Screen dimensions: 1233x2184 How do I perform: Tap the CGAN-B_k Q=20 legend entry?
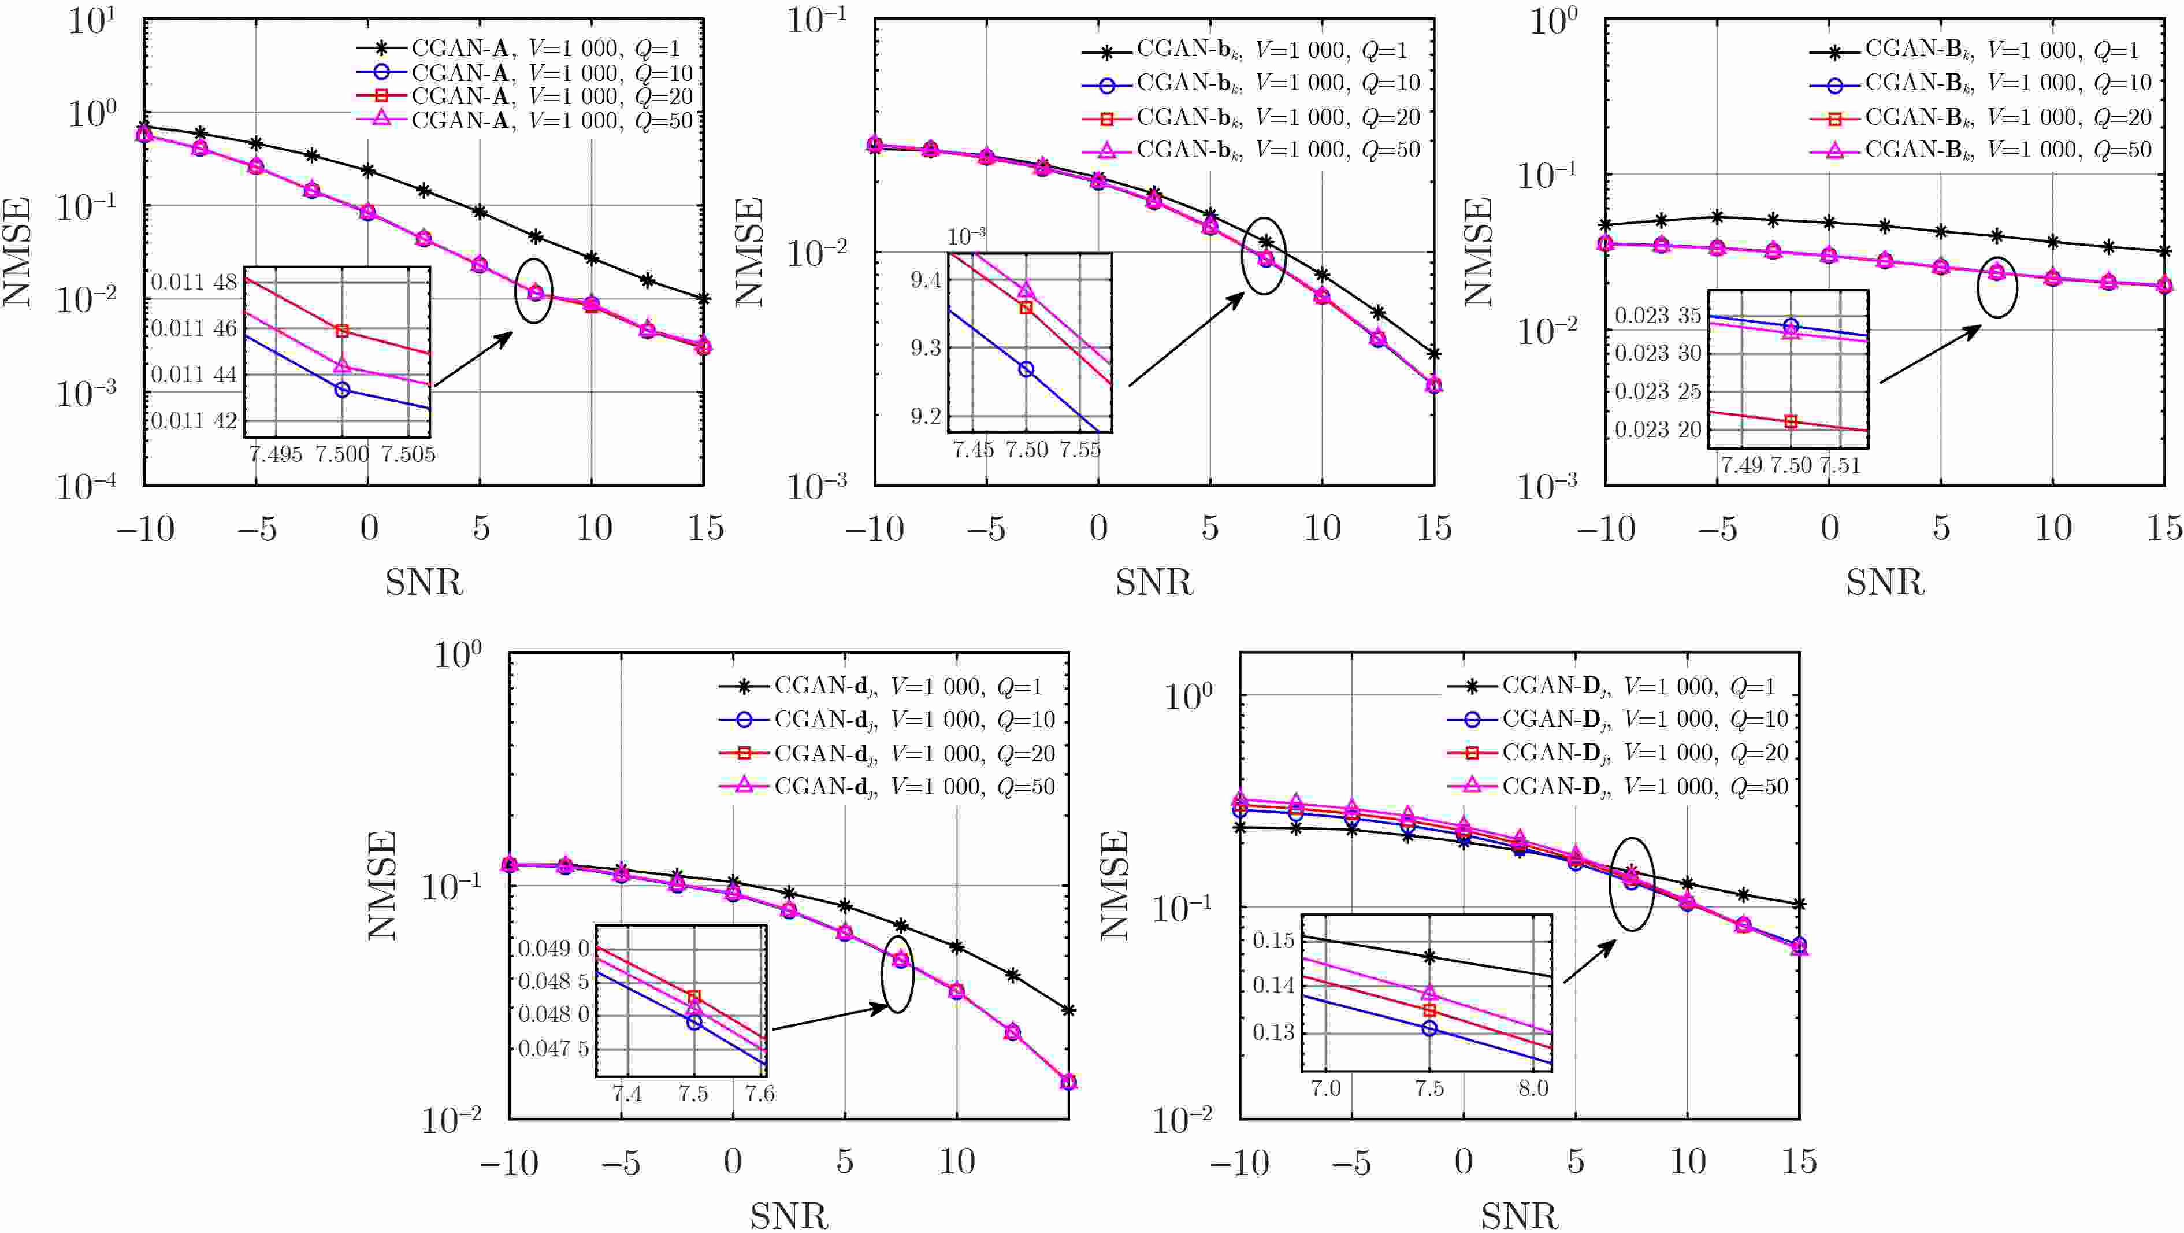(1979, 116)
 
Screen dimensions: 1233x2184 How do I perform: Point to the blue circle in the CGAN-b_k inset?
(1026, 369)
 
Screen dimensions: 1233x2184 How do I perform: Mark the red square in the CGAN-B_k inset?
(1791, 421)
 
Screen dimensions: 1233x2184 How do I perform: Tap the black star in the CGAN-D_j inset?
(1429, 957)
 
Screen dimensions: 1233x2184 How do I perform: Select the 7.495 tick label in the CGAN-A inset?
(276, 454)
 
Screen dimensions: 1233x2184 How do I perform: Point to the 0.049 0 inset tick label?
(554, 948)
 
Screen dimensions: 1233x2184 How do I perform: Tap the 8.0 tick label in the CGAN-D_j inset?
(1533, 1088)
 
